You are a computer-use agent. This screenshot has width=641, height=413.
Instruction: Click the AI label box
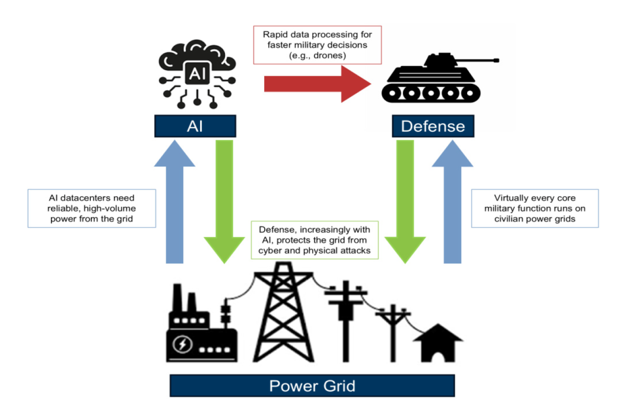pyautogui.click(x=195, y=126)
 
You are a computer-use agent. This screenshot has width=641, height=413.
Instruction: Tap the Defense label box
pyautogui.click(x=432, y=126)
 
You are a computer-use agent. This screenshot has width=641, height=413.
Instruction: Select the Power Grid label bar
pyautogui.click(x=312, y=386)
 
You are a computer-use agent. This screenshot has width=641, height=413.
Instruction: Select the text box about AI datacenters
pyautogui.click(x=92, y=208)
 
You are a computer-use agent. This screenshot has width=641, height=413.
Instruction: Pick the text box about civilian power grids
pyautogui.click(x=535, y=208)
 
